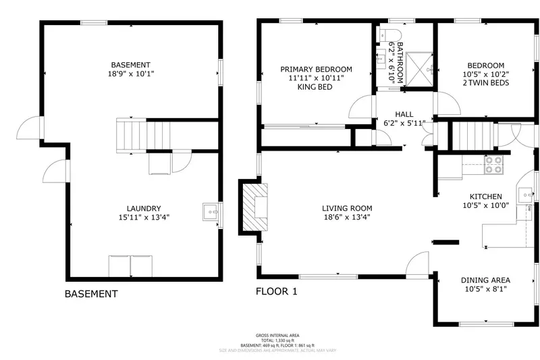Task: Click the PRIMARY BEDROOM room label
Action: [317, 69]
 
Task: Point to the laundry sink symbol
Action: [211, 212]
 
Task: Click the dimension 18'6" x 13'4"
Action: [347, 217]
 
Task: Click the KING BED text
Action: [316, 87]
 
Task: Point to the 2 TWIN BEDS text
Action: [486, 83]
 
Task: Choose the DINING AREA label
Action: [485, 280]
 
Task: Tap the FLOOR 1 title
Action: [276, 292]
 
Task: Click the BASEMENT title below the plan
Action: [91, 294]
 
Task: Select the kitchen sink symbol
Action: [527, 195]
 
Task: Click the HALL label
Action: [404, 114]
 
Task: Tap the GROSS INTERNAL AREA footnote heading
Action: [277, 335]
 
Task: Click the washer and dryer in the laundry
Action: [131, 265]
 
